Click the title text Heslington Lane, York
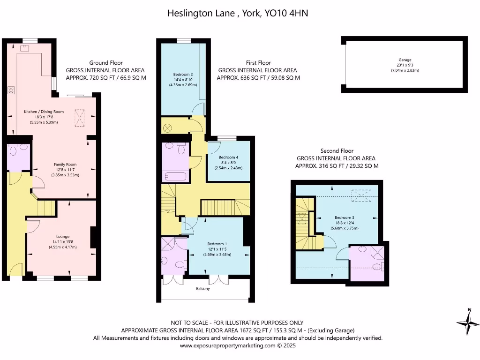(238, 14)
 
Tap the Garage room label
(405, 60)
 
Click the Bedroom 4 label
(228, 157)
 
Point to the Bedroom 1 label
(217, 244)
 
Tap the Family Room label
(65, 165)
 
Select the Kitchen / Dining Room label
(44, 112)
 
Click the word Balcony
(203, 289)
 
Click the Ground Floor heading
(106, 63)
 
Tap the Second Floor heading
(337, 151)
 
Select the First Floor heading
(258, 63)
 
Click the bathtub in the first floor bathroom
(174, 176)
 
